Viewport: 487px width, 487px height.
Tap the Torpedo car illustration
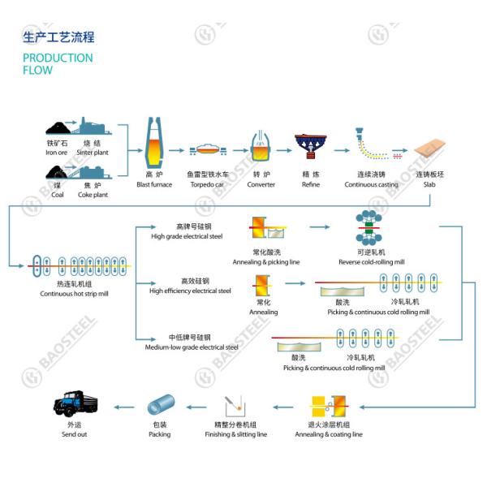pyautogui.click(x=207, y=149)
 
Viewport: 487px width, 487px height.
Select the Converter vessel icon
pyautogui.click(x=261, y=147)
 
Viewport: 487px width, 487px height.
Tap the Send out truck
pyautogui.click(x=74, y=403)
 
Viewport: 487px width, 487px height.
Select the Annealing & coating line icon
pyautogui.click(x=329, y=405)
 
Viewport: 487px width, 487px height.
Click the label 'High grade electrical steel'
pyautogui.click(x=187, y=236)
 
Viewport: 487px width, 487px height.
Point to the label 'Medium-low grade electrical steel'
pyautogui.click(x=192, y=347)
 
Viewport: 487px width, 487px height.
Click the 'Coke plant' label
pyautogui.click(x=96, y=195)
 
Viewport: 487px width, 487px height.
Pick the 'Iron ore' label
pyautogui.click(x=56, y=152)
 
